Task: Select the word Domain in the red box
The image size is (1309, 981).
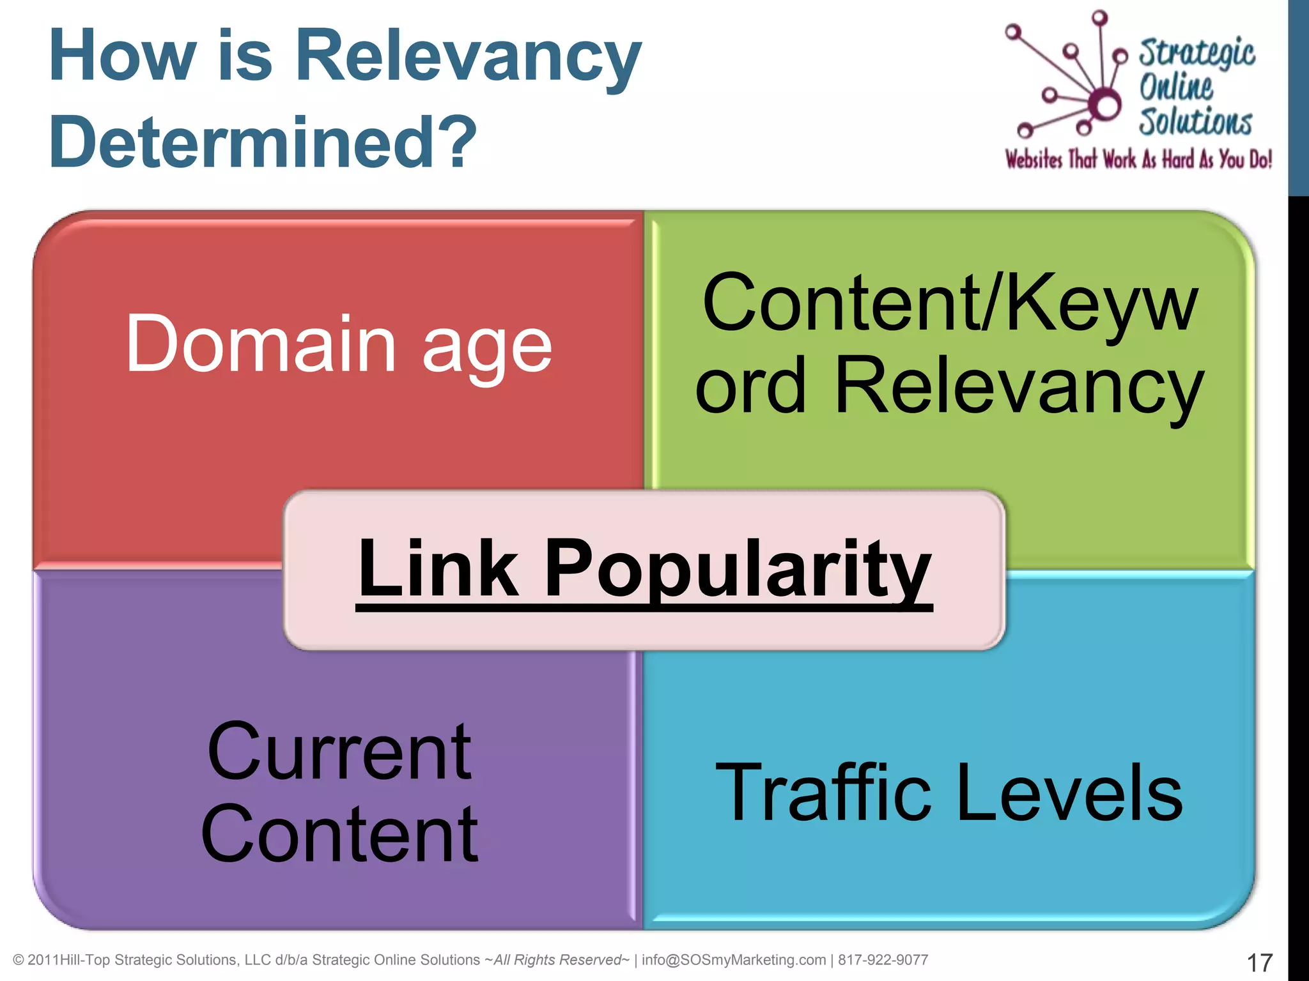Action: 261,345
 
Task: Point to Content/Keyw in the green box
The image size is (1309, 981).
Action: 950,305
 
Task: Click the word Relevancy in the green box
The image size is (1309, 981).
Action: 1019,387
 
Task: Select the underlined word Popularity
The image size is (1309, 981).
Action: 738,570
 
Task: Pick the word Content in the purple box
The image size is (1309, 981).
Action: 339,834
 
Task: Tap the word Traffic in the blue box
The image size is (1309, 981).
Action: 823,793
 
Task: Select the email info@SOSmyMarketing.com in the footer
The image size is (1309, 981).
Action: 734,960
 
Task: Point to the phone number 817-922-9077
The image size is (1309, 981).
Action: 883,960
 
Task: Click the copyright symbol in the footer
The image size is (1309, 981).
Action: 19,961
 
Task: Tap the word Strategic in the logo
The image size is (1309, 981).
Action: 1197,52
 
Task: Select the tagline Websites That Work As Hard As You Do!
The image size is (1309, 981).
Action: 1138,159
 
